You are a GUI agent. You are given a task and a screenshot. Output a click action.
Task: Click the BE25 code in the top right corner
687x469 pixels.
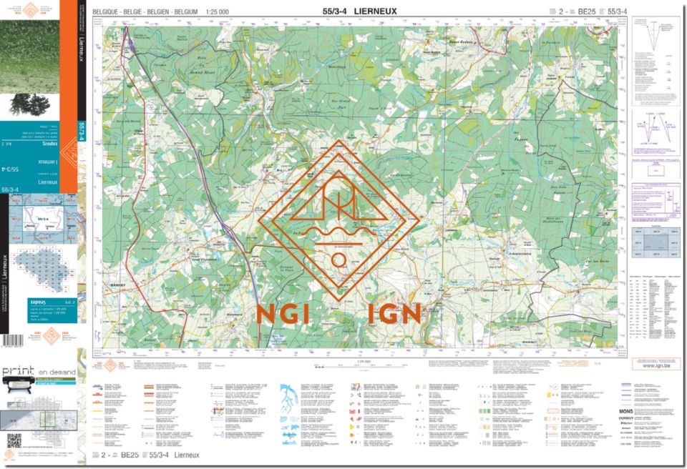point(586,11)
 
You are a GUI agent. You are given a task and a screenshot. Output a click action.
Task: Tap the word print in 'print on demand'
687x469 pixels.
point(19,372)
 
